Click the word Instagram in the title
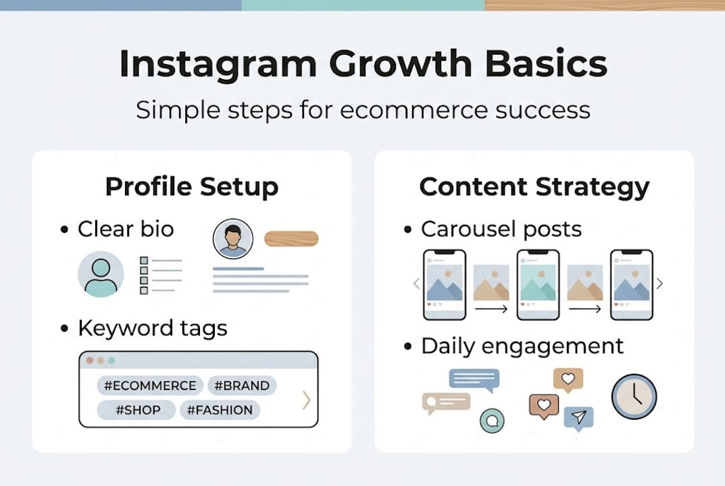[x=217, y=65]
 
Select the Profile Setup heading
[x=191, y=187]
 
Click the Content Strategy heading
[x=534, y=187]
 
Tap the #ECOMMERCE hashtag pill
[x=150, y=386]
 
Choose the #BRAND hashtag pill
[x=242, y=386]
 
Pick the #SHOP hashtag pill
[x=136, y=410]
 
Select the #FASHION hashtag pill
[x=220, y=410]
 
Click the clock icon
[x=634, y=396]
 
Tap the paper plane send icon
[x=578, y=418]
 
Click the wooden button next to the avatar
[x=291, y=239]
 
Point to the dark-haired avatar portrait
[x=233, y=239]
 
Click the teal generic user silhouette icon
[x=101, y=274]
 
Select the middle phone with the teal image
[x=537, y=284]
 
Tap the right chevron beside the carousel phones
[x=660, y=283]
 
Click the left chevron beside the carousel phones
[x=416, y=283]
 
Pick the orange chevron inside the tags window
[x=306, y=400]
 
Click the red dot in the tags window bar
[x=89, y=360]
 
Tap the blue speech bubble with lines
[x=474, y=380]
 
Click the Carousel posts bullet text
[x=501, y=230]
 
